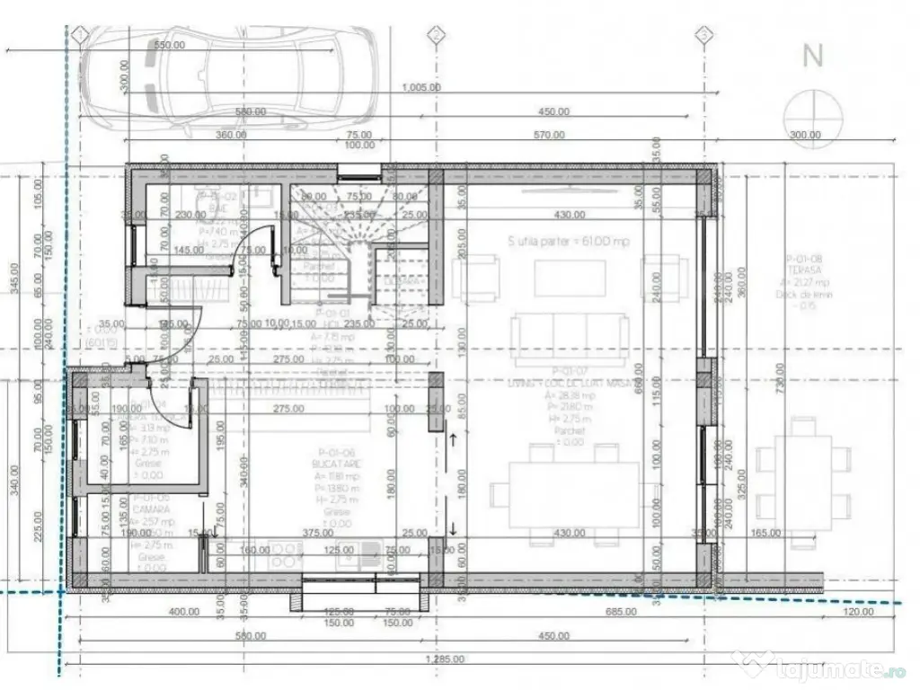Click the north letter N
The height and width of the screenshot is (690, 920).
pyautogui.click(x=813, y=56)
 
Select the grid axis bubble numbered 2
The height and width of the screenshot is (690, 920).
pyautogui.click(x=436, y=35)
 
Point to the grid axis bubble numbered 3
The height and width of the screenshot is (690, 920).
pyautogui.click(x=703, y=35)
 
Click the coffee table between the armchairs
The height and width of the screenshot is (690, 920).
pyautogui.click(x=570, y=279)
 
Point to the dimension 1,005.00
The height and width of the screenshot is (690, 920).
pyautogui.click(x=420, y=88)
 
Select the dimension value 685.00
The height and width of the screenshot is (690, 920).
pyautogui.click(x=620, y=612)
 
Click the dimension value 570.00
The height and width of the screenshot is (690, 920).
pyautogui.click(x=548, y=136)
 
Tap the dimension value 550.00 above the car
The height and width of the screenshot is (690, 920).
pyautogui.click(x=170, y=44)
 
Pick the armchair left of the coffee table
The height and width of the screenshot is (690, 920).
pyautogui.click(x=475, y=278)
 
